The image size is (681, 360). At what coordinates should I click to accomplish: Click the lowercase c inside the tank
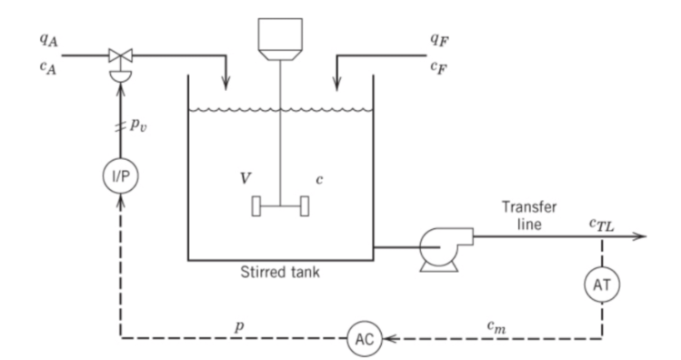pyautogui.click(x=319, y=178)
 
